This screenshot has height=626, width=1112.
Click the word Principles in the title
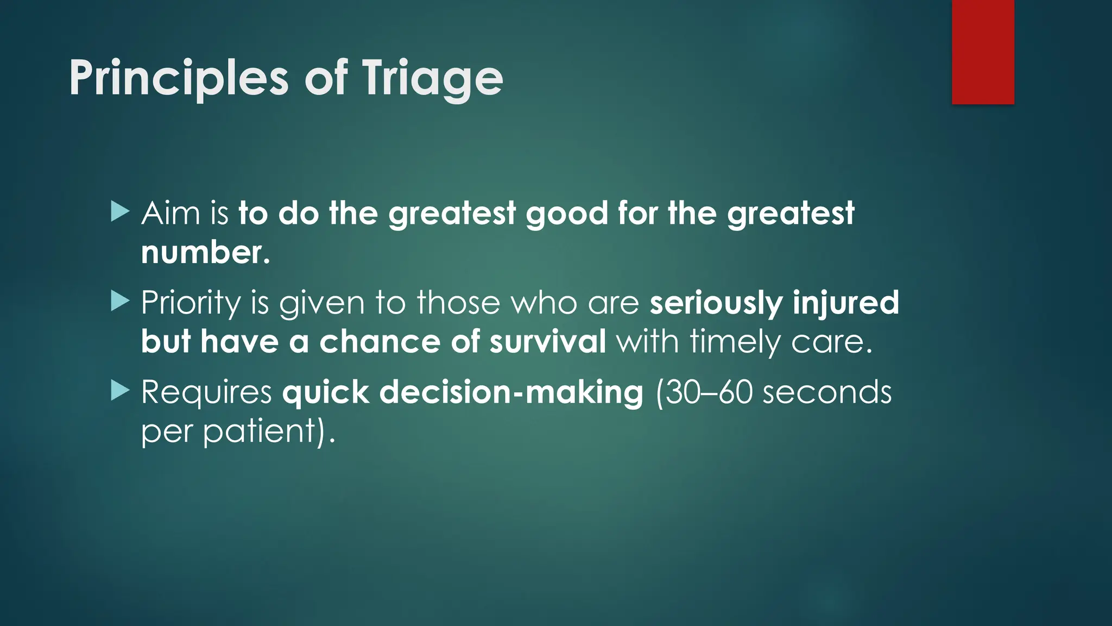[178, 79]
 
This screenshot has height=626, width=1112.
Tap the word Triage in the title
[432, 79]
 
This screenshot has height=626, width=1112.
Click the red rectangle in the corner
[983, 52]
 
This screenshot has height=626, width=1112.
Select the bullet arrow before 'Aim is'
[119, 211]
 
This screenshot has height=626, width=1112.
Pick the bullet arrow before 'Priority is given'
[119, 301]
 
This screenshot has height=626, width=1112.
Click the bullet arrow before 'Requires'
[119, 390]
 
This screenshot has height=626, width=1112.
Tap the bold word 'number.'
[205, 253]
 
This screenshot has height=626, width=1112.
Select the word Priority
[191, 303]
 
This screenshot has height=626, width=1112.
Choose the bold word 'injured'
[845, 303]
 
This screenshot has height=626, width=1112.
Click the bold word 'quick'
[325, 392]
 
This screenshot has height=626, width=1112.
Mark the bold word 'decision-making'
[511, 392]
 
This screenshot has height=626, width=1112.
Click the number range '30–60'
[709, 392]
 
